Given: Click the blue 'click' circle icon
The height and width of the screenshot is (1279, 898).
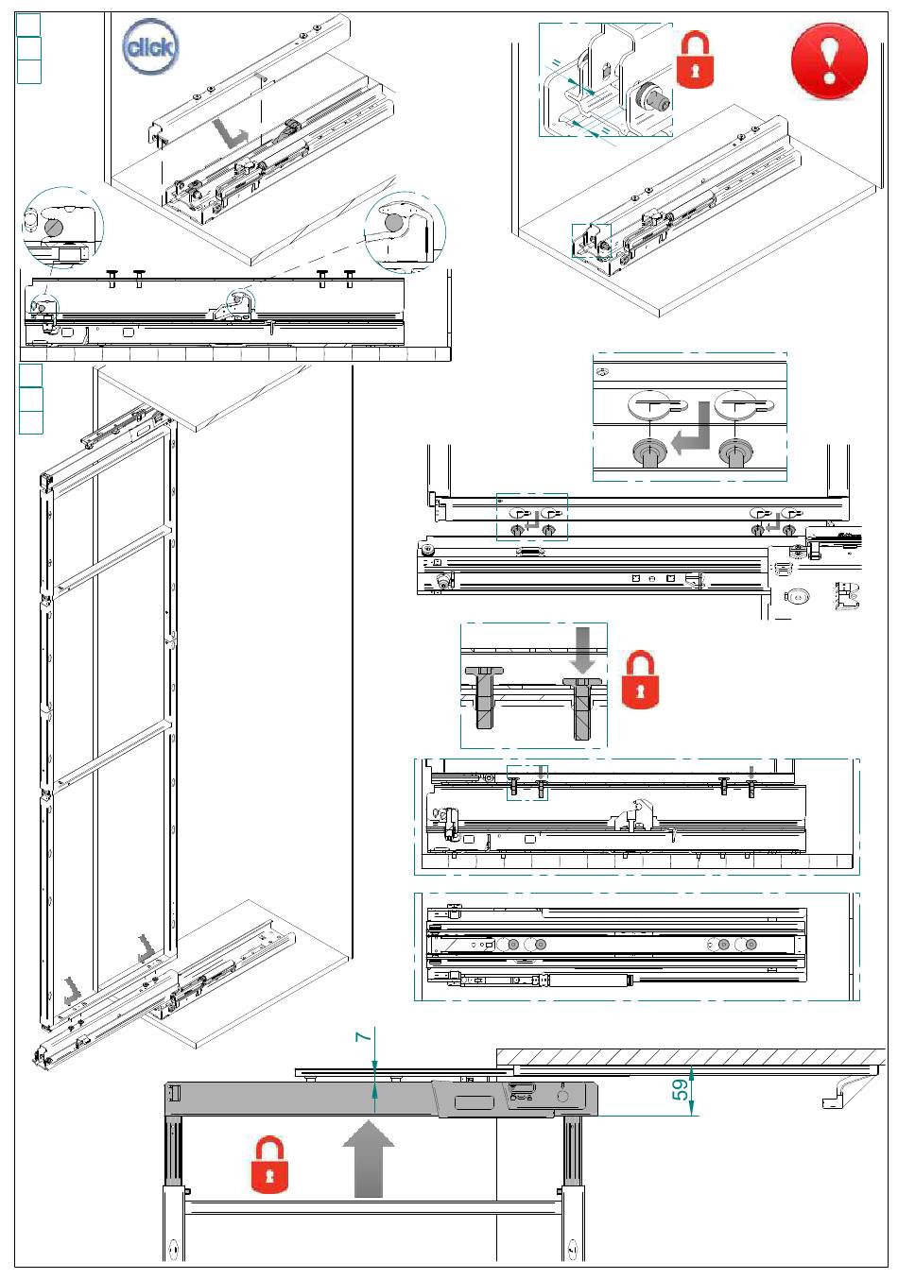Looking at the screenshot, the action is click(150, 46).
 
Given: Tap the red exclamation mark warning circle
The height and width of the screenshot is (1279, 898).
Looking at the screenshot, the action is click(828, 61).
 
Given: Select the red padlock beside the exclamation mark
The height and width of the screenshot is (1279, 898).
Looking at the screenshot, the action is click(695, 60).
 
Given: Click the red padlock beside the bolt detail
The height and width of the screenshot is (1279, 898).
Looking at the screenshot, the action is click(641, 679).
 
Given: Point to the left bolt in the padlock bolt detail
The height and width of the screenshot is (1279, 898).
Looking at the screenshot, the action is click(484, 694).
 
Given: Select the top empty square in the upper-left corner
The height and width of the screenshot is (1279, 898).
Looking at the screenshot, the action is click(29, 25).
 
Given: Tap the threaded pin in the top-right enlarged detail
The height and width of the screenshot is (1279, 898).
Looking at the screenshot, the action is click(650, 96).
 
